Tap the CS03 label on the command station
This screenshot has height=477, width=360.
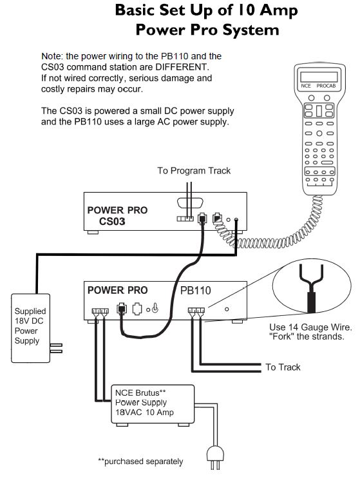pos(112,221)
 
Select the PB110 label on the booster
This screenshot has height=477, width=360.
pos(195,290)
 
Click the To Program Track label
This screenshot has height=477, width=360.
pos(194,171)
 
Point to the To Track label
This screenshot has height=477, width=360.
pos(283,367)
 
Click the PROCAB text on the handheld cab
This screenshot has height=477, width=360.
pos(326,86)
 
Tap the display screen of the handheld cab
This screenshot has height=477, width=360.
pos(319,77)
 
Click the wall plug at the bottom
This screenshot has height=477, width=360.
pos(215,458)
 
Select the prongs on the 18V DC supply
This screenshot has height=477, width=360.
pos(56,348)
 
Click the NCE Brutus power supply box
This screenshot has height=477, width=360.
pos(153,404)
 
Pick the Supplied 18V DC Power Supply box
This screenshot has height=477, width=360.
pos(30,328)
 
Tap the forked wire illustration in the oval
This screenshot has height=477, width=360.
pos(311,287)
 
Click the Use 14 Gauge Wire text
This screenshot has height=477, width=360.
pos(310,327)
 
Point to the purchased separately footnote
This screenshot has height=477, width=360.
pos(140,462)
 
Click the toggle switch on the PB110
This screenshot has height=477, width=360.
pos(155,308)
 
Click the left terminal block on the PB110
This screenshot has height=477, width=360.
pos(100,311)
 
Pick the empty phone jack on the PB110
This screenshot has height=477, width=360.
pos(137,309)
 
